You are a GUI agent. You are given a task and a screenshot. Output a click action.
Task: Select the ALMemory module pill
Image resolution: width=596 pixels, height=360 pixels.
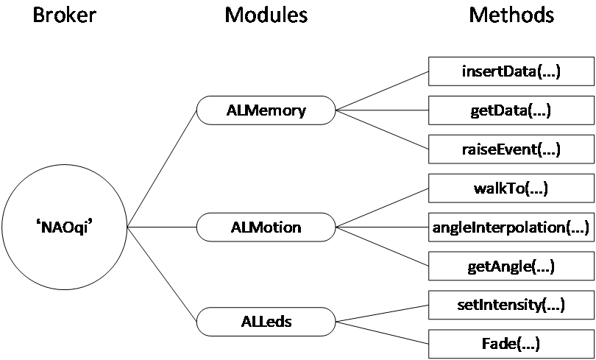[266, 111]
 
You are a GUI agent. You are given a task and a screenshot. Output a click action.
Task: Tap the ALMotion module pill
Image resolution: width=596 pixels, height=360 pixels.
[266, 227]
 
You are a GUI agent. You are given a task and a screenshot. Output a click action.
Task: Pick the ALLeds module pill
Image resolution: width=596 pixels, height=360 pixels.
[266, 322]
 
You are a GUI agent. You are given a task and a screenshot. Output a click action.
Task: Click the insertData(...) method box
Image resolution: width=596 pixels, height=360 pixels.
[511, 72]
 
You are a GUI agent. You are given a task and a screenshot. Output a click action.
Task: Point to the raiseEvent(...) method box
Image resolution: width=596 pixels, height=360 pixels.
[511, 149]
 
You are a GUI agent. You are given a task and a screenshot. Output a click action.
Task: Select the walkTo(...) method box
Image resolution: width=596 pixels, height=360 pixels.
[511, 188]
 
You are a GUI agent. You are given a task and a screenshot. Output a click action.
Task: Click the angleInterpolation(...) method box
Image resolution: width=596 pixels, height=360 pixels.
[511, 227]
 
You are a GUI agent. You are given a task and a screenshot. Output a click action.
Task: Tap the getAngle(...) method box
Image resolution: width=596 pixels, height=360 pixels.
[511, 266]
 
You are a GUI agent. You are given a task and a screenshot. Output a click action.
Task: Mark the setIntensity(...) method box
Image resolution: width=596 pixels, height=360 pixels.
[511, 304]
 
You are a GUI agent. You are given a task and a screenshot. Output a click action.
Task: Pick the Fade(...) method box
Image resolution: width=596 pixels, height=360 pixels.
[511, 343]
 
